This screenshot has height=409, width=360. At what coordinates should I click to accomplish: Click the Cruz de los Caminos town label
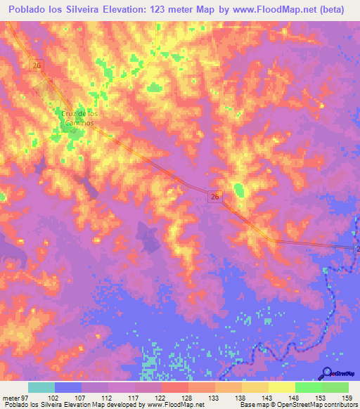(77, 117)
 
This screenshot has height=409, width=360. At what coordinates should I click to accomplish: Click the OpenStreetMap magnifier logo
(327, 372)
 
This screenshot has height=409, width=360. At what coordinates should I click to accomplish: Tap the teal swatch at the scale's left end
(41, 387)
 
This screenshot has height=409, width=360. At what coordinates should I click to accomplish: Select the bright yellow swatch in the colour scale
(282, 387)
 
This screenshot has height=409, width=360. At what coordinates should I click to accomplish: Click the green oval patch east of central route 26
(239, 189)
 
